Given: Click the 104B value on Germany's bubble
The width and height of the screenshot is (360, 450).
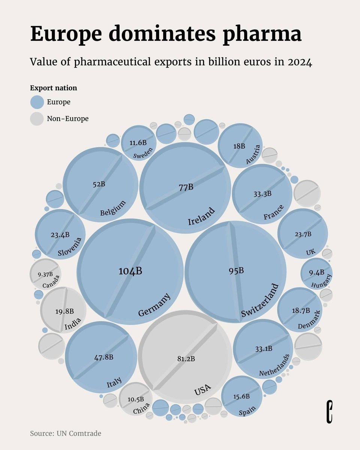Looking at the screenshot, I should tap(130, 271).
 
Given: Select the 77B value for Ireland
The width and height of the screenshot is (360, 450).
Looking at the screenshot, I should tap(186, 187).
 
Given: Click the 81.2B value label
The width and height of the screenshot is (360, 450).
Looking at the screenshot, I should tap(186, 359).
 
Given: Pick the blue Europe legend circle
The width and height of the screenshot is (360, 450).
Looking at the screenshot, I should tap(37, 102).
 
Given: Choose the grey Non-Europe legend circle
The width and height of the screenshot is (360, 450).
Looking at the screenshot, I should tap(37, 119).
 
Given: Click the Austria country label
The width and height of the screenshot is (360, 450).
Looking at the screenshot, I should tap(252, 154).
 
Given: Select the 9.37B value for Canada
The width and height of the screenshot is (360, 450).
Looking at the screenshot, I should tap(45, 274).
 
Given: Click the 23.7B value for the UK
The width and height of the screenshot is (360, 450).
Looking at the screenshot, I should tap(303, 234).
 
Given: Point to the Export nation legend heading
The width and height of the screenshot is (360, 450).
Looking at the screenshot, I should tap(53, 88).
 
